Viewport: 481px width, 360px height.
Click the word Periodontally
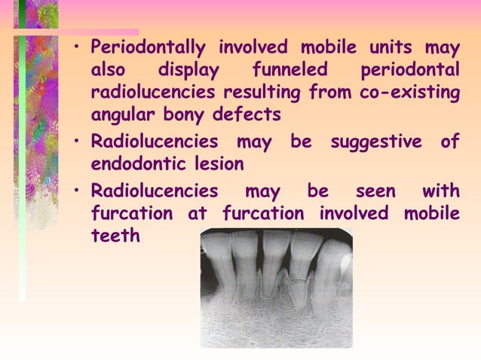(149, 49)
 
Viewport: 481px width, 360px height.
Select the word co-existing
(412, 93)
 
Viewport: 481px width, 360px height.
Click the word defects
(253, 115)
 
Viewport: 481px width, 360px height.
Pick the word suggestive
(375, 142)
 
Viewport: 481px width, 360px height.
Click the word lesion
(217, 163)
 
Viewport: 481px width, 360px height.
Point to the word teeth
(115, 235)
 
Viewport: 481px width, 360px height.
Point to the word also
(109, 71)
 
